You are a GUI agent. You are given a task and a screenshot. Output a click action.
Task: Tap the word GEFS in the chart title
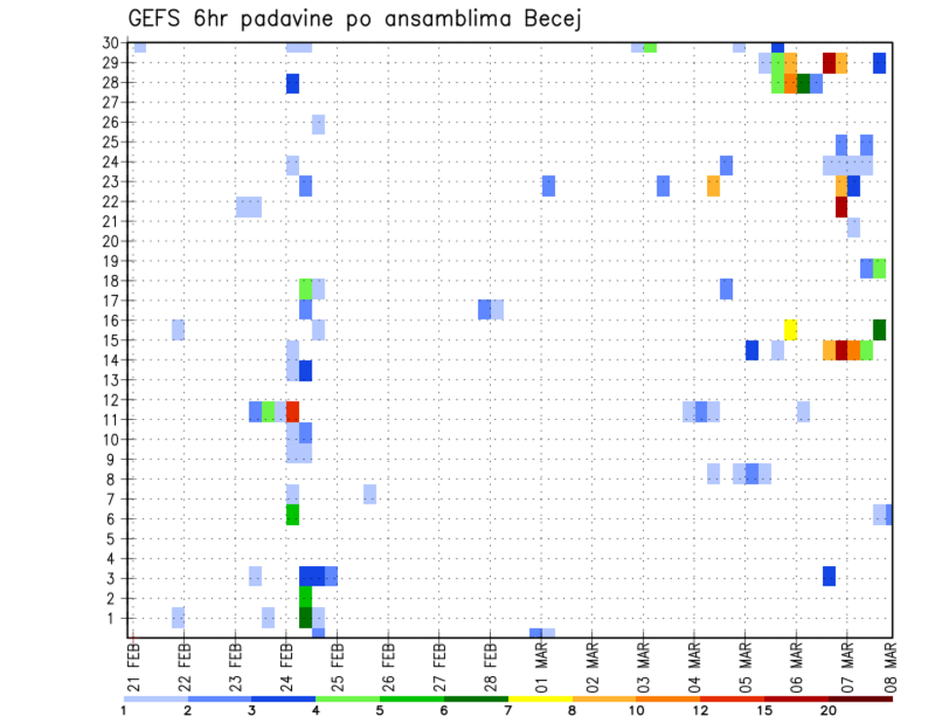pyautogui.click(x=155, y=19)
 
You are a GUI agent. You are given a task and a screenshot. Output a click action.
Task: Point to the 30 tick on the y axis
pyautogui.click(x=114, y=43)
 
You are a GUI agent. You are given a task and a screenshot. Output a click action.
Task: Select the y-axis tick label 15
pyautogui.click(x=114, y=340)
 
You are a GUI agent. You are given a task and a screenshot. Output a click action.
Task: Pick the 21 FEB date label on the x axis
pyautogui.click(x=134, y=666)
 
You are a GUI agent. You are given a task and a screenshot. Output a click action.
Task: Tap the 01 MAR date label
pyautogui.click(x=542, y=666)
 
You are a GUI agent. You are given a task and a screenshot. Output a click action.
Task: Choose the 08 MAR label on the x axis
pyautogui.click(x=890, y=666)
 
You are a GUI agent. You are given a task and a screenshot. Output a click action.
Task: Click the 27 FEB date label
pyautogui.click(x=439, y=666)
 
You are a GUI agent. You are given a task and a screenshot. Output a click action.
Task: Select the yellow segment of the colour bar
pyautogui.click(x=540, y=699)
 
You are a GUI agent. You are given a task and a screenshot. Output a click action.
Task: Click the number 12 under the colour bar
pyautogui.click(x=699, y=710)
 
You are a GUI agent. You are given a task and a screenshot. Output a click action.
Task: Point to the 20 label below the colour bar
pyautogui.click(x=829, y=710)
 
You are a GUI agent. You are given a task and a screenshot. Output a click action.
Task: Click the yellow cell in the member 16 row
pyautogui.click(x=790, y=329)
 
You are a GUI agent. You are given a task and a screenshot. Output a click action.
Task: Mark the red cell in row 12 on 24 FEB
pyautogui.click(x=292, y=410)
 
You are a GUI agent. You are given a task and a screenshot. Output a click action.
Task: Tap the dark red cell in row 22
pyautogui.click(x=841, y=207)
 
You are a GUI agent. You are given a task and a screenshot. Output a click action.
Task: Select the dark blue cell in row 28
pyautogui.click(x=292, y=84)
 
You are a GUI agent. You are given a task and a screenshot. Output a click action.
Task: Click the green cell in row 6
pyautogui.click(x=292, y=514)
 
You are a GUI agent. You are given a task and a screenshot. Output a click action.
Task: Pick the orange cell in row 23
pyautogui.click(x=713, y=185)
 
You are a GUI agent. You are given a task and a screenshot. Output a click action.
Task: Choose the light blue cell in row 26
pyautogui.click(x=318, y=124)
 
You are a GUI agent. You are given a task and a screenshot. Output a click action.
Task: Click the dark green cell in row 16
pyautogui.click(x=879, y=329)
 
